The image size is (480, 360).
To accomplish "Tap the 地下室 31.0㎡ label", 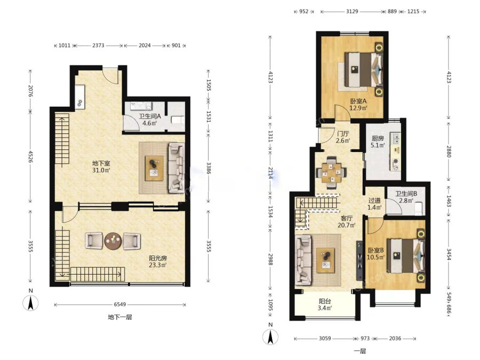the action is click(x=101, y=167).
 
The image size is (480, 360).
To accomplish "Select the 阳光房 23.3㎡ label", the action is click(x=158, y=262).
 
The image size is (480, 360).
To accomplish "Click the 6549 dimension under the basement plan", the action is click(x=120, y=305).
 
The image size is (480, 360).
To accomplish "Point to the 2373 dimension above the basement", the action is click(x=98, y=45).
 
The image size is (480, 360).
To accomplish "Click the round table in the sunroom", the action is click(x=113, y=241).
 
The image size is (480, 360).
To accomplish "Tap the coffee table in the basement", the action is click(x=154, y=168).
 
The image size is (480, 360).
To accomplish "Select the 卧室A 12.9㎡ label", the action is click(x=358, y=105).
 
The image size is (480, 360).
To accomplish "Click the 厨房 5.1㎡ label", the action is click(x=378, y=142).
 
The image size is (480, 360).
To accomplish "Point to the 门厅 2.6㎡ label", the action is click(x=343, y=137).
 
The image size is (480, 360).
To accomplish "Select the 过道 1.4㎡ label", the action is click(x=374, y=204).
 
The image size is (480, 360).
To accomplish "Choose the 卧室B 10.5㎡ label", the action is click(x=375, y=254).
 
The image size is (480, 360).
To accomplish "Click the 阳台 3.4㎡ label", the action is click(x=325, y=305).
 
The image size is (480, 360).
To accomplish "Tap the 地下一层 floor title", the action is click(x=119, y=317).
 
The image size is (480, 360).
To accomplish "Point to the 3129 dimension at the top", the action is click(x=352, y=11).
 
